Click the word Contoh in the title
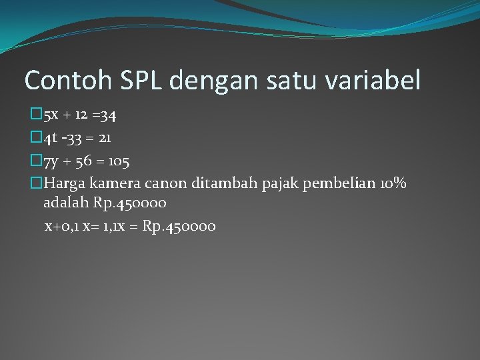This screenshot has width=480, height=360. pyautogui.click(x=59, y=81)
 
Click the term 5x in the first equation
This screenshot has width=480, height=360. pyautogui.click(x=51, y=116)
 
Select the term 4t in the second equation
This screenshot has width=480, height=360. pyautogui.click(x=51, y=139)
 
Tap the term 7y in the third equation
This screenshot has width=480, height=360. pyautogui.click(x=51, y=161)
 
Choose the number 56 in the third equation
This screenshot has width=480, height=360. pyautogui.click(x=84, y=161)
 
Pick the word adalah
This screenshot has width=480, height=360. pyautogui.click(x=63, y=203)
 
